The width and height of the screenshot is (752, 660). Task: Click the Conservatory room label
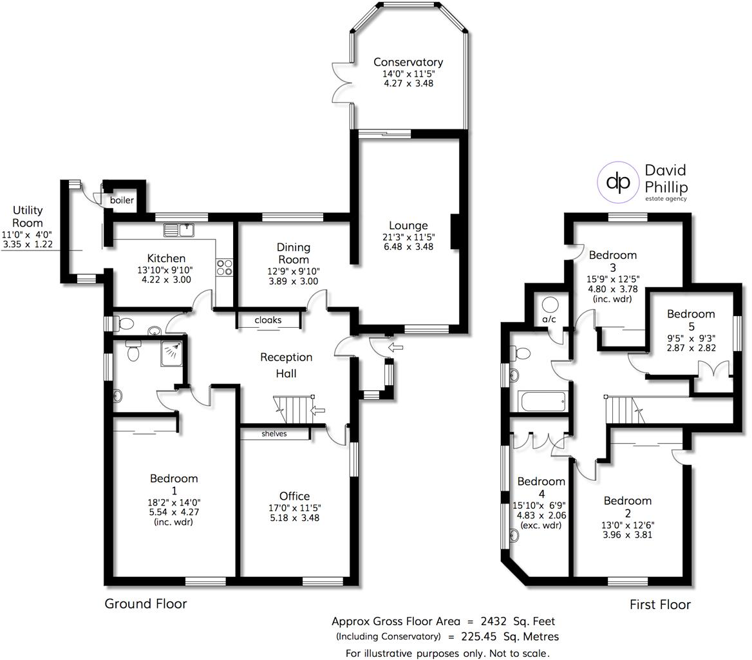click(x=408, y=62)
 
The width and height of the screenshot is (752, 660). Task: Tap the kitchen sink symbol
click(x=178, y=229)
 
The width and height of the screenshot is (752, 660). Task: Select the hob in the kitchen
click(x=225, y=267)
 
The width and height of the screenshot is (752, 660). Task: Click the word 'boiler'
click(x=122, y=200)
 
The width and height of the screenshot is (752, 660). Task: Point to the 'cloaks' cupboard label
click(x=268, y=320)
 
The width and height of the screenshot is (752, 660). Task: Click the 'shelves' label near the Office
click(x=274, y=434)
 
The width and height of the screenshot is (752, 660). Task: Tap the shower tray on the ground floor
click(x=172, y=350)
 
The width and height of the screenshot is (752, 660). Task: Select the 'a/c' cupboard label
click(x=549, y=319)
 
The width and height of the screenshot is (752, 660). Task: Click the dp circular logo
click(x=619, y=183)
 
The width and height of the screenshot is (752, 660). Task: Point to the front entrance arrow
click(x=396, y=348)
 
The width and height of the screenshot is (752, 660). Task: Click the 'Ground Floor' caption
click(x=146, y=604)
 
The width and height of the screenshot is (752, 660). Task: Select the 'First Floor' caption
click(x=659, y=605)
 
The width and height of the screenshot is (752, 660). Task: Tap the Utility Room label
click(x=28, y=216)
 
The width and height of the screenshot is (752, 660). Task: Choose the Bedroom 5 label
click(x=691, y=314)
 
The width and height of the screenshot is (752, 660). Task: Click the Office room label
click(x=294, y=496)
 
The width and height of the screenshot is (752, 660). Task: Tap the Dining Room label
click(x=294, y=253)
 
